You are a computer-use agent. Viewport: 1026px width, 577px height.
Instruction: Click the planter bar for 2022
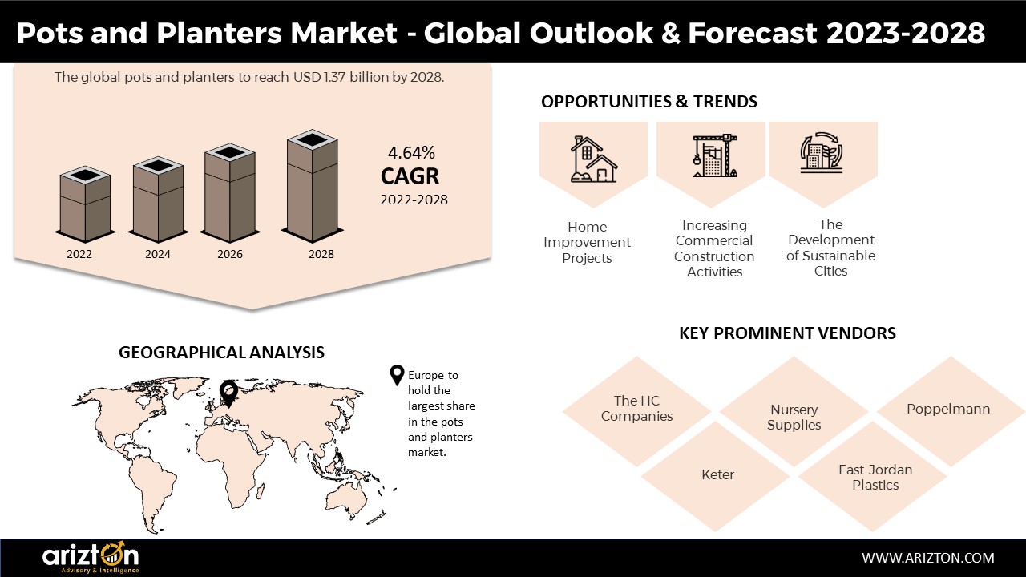[85, 204]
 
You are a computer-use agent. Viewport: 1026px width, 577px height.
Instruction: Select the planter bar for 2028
[313, 186]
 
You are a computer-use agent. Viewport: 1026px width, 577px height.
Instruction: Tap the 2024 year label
[158, 254]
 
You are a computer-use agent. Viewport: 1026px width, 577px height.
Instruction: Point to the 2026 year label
[230, 254]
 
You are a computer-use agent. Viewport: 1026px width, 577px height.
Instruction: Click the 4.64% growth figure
[411, 153]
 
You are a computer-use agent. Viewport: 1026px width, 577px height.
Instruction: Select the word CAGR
[410, 176]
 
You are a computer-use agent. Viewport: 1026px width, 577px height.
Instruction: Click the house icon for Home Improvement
[594, 159]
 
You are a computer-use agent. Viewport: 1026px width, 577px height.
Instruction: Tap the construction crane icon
[715, 155]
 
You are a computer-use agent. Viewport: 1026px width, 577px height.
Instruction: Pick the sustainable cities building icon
[822, 153]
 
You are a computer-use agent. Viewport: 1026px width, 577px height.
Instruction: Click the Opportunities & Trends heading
[649, 102]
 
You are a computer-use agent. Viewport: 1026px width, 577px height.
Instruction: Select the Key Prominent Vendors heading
[787, 333]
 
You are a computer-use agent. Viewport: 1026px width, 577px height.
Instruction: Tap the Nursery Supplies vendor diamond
[794, 411]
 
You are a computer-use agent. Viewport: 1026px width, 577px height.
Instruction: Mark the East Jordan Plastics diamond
[873, 476]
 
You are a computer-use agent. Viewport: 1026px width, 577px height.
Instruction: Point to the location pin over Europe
[228, 393]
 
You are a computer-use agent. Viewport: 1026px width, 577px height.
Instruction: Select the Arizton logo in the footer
[91, 557]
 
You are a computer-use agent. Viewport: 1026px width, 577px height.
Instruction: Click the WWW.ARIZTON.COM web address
[928, 558]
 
